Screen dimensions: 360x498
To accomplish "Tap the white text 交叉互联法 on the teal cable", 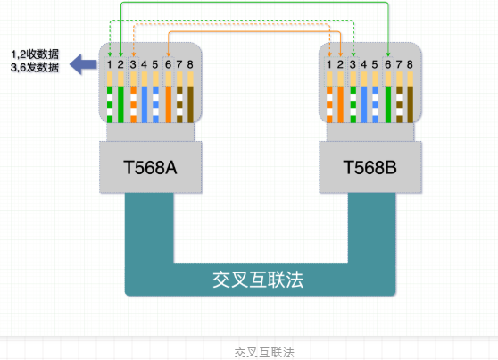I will pyautogui.click(x=259, y=279).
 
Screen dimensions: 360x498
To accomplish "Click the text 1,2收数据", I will pyautogui.click(x=35, y=54).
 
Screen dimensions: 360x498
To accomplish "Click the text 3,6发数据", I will pyautogui.click(x=35, y=67).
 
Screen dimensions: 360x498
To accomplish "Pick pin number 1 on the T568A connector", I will pyautogui.click(x=109, y=64).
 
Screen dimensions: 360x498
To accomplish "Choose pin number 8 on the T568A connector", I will pyautogui.click(x=190, y=64).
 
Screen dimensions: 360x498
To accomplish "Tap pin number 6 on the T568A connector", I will pyautogui.click(x=167, y=64).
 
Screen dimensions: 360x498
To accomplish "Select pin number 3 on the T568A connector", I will pyautogui.click(x=132, y=64).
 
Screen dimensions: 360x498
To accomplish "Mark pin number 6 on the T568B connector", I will pyautogui.click(x=388, y=64).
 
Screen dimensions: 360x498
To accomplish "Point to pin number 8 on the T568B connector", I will pyautogui.click(x=411, y=64).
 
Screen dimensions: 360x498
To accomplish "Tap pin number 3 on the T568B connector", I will pyautogui.click(x=353, y=64).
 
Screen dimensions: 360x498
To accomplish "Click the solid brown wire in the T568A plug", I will pyautogui.click(x=190, y=103).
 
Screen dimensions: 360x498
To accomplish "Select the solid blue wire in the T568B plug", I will pyautogui.click(x=365, y=103).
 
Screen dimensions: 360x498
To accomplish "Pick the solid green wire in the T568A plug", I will pyautogui.click(x=120, y=103).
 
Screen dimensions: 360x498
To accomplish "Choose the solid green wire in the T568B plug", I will pyautogui.click(x=388, y=103).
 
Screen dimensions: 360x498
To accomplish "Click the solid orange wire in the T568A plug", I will pyautogui.click(x=167, y=103).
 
